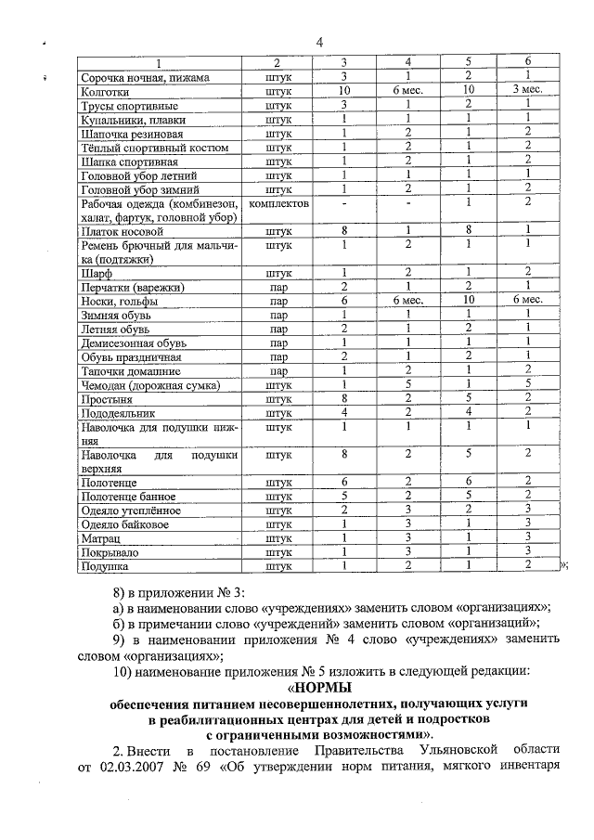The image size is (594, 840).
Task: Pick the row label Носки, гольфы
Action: (119, 302)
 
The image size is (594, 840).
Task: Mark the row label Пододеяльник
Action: (118, 413)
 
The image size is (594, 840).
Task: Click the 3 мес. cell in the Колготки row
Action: (527, 93)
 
